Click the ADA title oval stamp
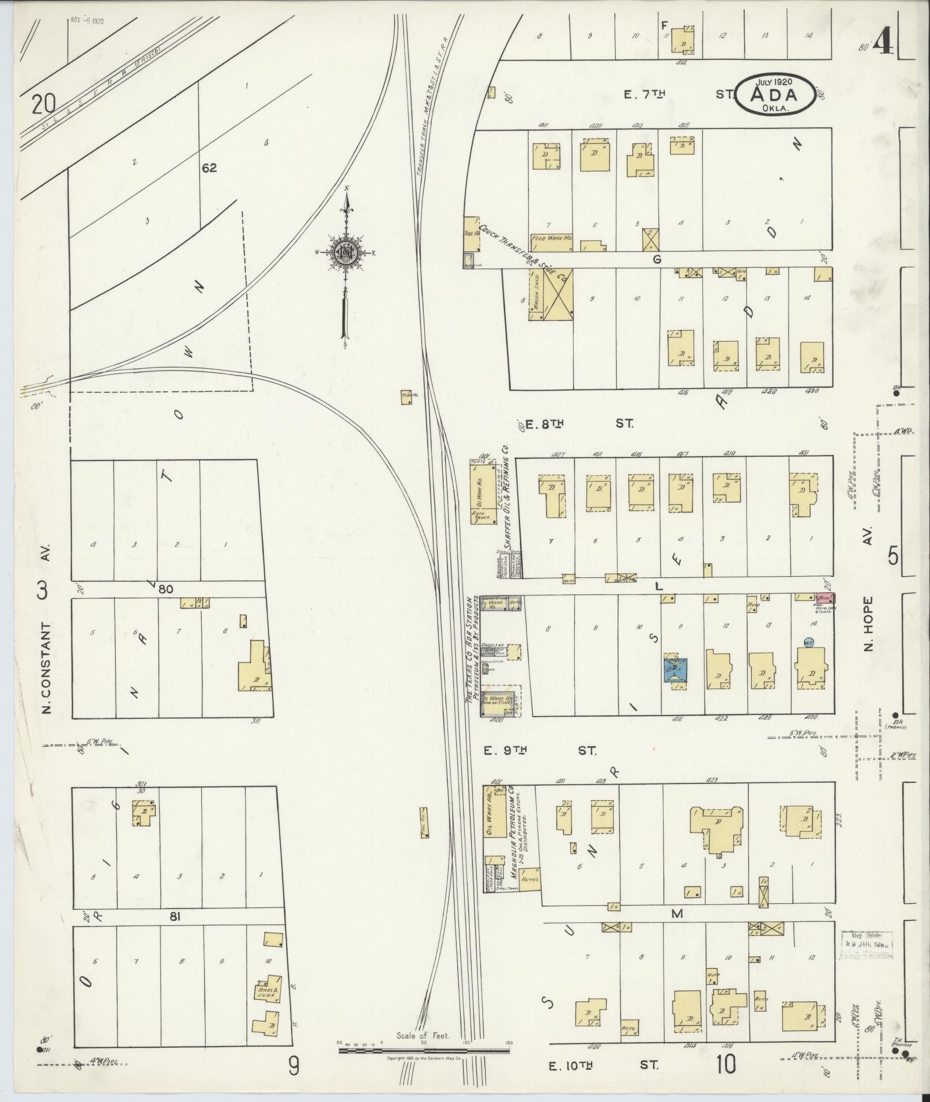click(774, 94)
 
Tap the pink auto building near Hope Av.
click(826, 599)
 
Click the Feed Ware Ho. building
click(551, 238)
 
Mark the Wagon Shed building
click(536, 294)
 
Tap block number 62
click(209, 168)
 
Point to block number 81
click(175, 917)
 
